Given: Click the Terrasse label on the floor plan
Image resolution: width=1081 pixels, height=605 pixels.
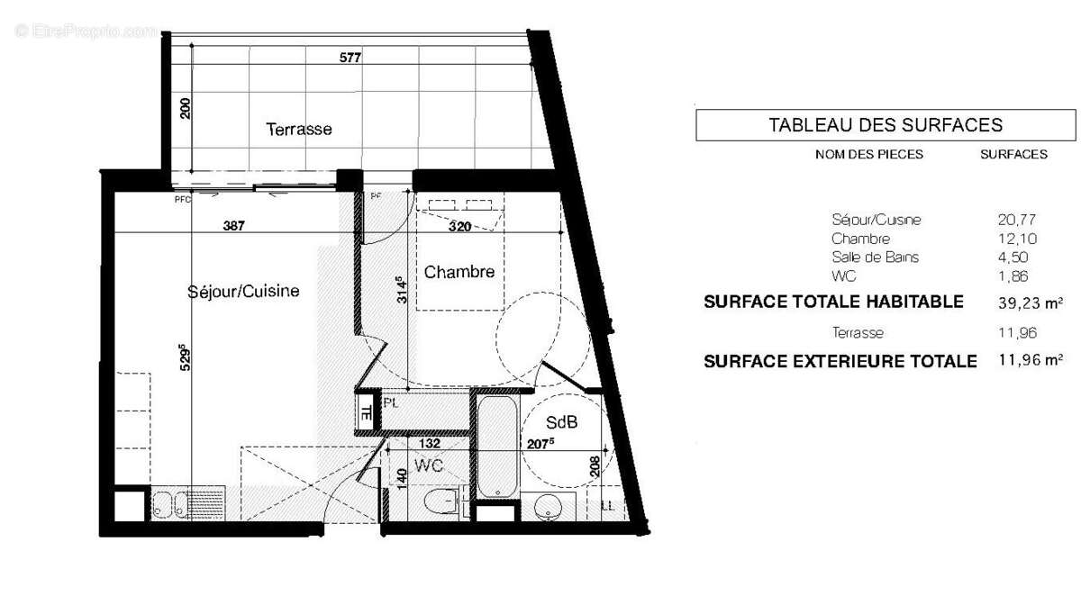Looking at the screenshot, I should point(299,130).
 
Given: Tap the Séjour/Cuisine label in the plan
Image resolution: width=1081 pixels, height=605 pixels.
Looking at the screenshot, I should point(243,292).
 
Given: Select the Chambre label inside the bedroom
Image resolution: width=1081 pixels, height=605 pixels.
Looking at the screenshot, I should point(459,272).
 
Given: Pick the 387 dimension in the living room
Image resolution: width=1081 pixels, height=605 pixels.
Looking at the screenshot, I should point(234,227).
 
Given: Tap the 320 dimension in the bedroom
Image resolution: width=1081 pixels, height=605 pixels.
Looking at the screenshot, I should point(459,227).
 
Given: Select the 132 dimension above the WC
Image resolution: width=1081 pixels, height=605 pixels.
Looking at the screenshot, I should point(430,443).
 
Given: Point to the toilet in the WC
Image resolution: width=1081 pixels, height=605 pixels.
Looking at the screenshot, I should point(444,501).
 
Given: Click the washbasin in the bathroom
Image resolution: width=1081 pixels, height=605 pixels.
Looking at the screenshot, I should point(548,508).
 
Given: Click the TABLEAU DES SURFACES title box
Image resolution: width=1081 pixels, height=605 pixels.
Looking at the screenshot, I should point(886,125).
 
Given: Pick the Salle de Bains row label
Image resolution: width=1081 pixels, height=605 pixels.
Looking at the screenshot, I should point(876,257).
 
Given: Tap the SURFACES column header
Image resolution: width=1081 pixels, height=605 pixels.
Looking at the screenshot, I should point(1013,154).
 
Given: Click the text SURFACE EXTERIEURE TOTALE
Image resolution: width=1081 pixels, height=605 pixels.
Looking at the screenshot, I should point(840,362).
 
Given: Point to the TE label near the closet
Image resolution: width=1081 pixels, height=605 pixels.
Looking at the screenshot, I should point(367,415).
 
